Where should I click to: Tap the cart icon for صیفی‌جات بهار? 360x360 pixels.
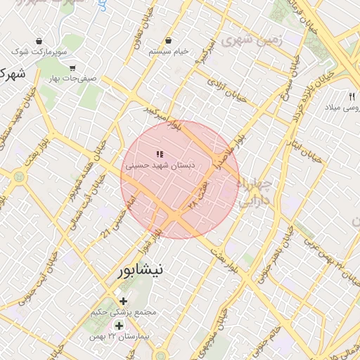pos(73,68)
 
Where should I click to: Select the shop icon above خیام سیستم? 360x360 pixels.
pos(169,40)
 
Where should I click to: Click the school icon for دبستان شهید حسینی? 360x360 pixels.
pos(160,153)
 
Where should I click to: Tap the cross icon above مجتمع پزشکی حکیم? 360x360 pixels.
pos(124,301)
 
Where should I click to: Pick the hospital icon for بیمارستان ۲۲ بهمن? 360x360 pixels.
pos(119,326)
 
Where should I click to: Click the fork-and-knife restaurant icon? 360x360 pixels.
pos(352,96)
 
